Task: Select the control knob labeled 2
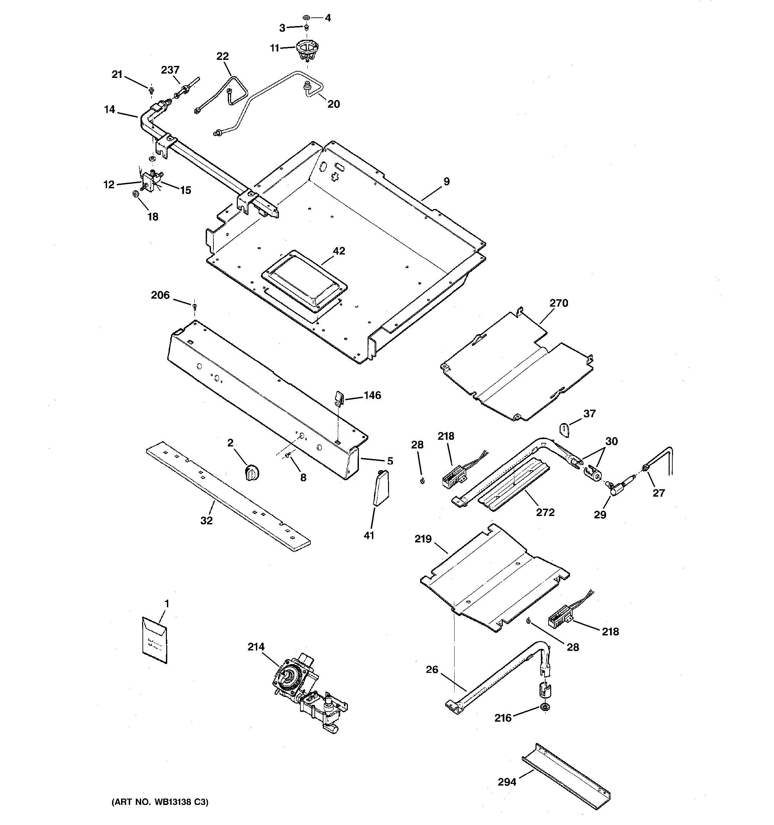tap(252, 472)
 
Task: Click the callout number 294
tap(507, 782)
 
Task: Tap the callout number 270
tap(559, 303)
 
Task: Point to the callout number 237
tap(170, 70)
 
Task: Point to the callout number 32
tap(206, 520)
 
